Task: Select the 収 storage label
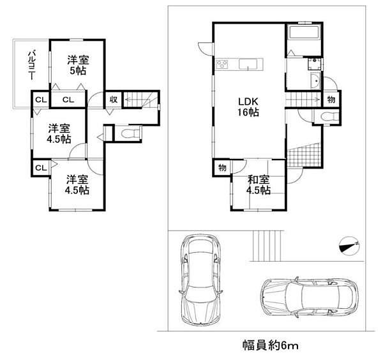113,99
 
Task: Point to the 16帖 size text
248,113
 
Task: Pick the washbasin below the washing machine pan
315,82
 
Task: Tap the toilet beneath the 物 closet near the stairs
327,117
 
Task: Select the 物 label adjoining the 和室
222,169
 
